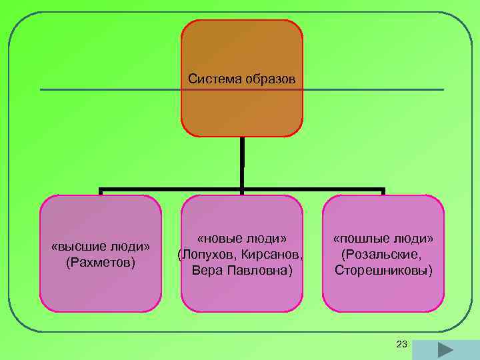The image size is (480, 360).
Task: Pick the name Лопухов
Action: tap(207, 255)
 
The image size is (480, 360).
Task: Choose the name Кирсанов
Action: tap(274, 255)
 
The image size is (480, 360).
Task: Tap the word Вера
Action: tap(205, 271)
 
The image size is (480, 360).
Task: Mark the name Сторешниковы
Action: tap(383, 271)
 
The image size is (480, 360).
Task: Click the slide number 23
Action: tap(401, 344)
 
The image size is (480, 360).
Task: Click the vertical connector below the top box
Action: tap(242, 163)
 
